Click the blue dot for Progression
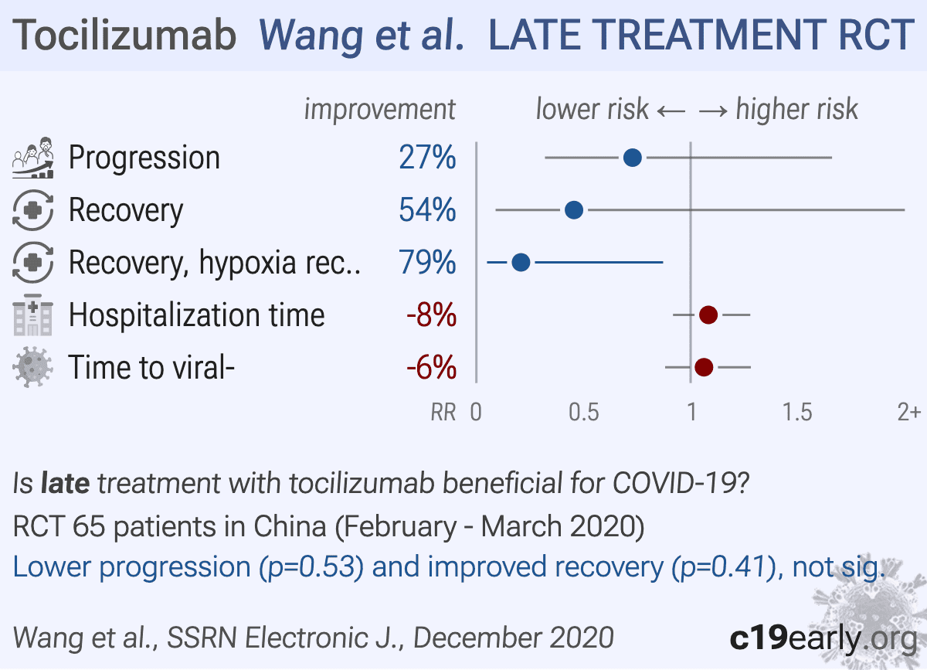(632, 158)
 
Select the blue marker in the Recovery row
(574, 210)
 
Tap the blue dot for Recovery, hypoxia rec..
(521, 263)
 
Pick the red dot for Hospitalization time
(708, 315)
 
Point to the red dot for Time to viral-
(704, 367)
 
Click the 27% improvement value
(427, 158)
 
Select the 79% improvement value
(427, 263)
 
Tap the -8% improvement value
(430, 315)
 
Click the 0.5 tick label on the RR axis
(583, 412)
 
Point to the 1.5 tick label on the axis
(797, 412)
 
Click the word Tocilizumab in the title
(125, 35)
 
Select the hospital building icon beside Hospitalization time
(32, 315)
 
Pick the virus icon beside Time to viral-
(32, 367)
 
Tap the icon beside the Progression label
(32, 158)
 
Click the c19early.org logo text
(822, 638)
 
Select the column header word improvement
(379, 109)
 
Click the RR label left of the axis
(443, 413)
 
